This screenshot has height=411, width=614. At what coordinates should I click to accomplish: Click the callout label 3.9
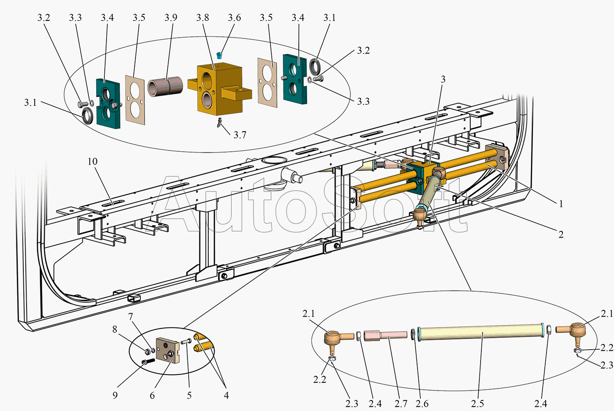click(x=171, y=18)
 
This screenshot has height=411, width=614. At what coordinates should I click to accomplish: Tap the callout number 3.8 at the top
click(x=203, y=18)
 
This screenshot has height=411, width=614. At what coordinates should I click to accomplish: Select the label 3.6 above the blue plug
click(x=235, y=18)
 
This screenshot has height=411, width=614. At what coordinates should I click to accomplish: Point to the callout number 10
click(x=93, y=162)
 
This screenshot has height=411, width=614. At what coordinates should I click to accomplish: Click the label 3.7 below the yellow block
click(x=240, y=135)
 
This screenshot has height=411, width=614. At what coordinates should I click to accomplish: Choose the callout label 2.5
click(x=478, y=404)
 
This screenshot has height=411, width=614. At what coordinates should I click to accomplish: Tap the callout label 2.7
click(x=401, y=404)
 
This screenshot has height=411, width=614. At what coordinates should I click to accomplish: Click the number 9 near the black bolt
click(x=115, y=395)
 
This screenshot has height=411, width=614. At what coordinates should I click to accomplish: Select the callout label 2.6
click(x=422, y=404)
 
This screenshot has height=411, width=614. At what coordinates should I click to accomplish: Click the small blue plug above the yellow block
click(x=219, y=55)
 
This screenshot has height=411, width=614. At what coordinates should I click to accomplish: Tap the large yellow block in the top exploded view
click(x=220, y=89)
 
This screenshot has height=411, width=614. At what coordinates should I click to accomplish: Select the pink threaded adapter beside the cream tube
click(x=386, y=335)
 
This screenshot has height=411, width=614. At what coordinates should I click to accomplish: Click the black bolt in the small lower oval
click(x=148, y=362)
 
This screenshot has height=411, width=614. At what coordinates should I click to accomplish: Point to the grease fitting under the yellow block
click(x=219, y=122)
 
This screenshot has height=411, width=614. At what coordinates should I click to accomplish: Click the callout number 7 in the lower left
click(x=131, y=317)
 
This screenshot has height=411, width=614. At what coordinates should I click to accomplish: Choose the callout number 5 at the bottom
click(x=189, y=395)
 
